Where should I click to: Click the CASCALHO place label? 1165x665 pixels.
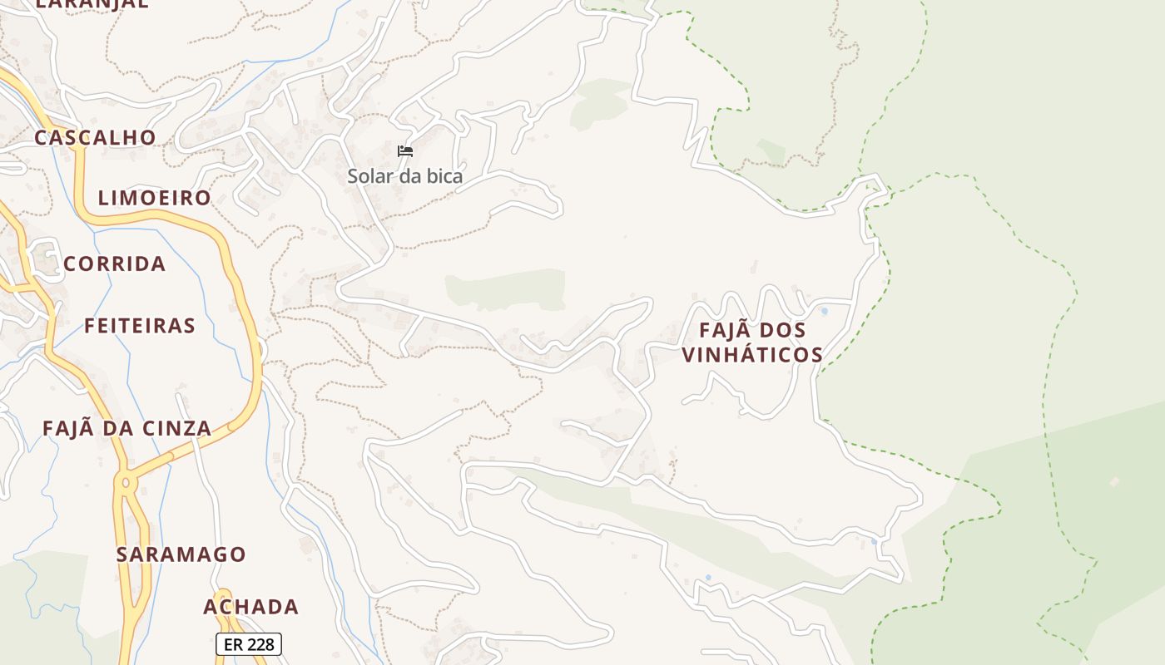95,137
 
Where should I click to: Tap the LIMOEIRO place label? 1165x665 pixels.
155,198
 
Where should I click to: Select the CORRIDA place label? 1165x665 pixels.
115,264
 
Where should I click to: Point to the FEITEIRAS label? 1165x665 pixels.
140,325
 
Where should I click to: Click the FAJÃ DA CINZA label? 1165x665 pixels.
126,429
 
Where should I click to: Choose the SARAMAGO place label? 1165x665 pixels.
181,554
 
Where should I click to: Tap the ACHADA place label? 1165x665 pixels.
250,607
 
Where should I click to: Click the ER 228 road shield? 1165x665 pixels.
249,643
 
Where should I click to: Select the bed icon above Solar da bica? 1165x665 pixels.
405,151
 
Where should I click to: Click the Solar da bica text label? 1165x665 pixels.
404,176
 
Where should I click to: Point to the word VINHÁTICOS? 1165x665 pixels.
752,355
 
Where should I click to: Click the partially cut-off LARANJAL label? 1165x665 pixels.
92,3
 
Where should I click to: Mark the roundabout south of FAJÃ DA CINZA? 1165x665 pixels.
126,481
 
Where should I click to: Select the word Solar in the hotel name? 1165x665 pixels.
368,176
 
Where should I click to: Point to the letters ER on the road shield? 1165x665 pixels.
232,643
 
